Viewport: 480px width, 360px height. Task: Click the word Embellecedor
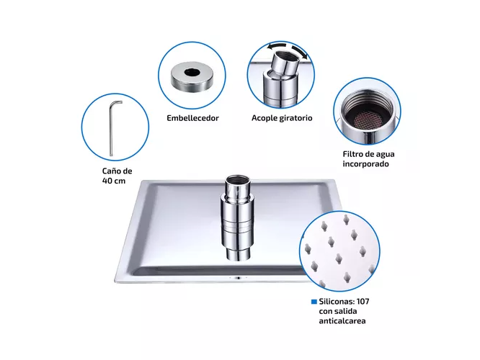coord(192,118)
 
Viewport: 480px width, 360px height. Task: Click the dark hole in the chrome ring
coord(192,72)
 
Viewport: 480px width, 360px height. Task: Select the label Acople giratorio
coord(282,118)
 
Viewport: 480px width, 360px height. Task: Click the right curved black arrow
coord(299,51)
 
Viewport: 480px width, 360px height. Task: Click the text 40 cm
coord(114,181)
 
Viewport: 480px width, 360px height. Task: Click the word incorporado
coord(365,164)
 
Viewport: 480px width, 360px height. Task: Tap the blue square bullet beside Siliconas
coord(314,302)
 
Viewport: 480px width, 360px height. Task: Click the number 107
coord(363,302)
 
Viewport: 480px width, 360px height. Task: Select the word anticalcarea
coord(342,321)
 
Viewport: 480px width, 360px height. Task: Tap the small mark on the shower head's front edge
coord(238,278)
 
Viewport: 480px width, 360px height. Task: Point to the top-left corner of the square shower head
coord(143,181)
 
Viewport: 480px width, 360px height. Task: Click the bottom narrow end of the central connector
coord(238,254)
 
